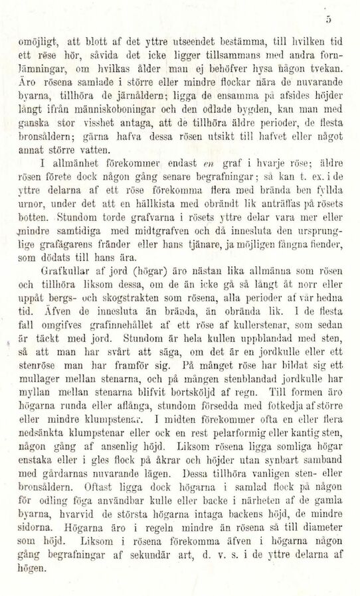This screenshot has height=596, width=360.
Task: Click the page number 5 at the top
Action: tap(347, 17)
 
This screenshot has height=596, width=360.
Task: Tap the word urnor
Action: tap(29, 210)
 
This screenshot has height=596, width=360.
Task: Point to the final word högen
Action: tap(29, 577)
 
